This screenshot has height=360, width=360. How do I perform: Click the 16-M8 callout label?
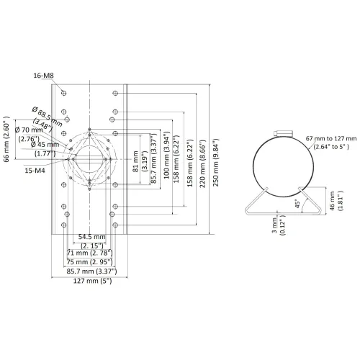pyautogui.click(x=43, y=76)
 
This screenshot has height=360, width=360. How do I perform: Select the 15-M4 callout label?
pyautogui.click(x=35, y=171)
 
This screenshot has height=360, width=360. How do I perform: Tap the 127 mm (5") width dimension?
pyautogui.click(x=92, y=281)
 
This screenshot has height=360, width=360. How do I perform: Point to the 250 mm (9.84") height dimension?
pyautogui.click(x=216, y=163)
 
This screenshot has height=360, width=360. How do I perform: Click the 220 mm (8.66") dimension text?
pyautogui.click(x=202, y=163)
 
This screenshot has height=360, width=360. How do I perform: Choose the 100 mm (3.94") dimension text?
pyautogui.click(x=166, y=155)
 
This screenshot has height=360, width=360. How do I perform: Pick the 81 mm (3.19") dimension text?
pyautogui.click(x=140, y=161)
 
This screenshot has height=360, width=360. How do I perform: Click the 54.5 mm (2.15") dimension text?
pyautogui.click(x=92, y=241)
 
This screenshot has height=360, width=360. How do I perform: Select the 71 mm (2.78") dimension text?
pyautogui.click(x=89, y=253)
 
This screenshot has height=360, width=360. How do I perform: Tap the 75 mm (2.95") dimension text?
pyautogui.click(x=89, y=262)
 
